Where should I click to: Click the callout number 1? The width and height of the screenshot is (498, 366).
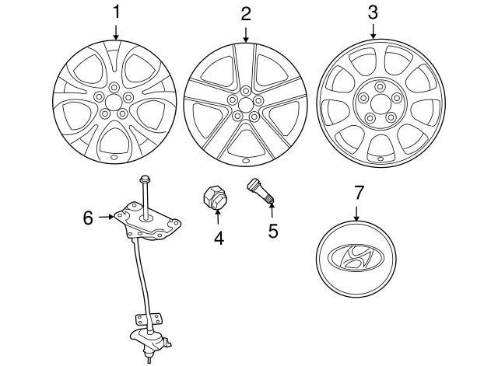click(x=117, y=12)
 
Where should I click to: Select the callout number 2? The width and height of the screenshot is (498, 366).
click(x=246, y=14)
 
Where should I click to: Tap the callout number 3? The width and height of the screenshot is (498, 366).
click(x=373, y=12)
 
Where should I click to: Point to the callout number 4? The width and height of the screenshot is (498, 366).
click(x=219, y=238)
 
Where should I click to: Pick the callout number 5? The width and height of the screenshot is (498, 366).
click(x=273, y=231)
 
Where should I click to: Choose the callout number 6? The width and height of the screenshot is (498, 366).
click(x=88, y=218)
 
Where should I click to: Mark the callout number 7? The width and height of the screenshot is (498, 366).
click(x=358, y=193)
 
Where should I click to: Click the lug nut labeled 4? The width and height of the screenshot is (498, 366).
click(x=215, y=198)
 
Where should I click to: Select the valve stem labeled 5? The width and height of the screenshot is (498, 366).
click(x=261, y=192)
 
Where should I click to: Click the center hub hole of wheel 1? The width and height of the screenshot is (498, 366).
click(x=114, y=102)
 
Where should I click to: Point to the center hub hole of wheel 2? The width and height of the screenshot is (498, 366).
click(x=244, y=105)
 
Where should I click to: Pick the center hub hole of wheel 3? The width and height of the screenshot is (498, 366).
click(x=380, y=103)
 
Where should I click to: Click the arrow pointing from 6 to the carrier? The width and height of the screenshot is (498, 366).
click(x=107, y=217)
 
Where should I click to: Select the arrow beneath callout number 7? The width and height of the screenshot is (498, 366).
click(x=356, y=214)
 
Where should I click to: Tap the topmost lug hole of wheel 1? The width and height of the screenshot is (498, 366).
click(x=114, y=87)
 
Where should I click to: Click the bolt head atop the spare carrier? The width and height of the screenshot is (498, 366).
click(x=145, y=180)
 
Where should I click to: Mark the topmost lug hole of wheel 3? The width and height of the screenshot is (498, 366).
click(x=380, y=86)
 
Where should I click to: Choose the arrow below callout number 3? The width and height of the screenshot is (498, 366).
click(x=373, y=31)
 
